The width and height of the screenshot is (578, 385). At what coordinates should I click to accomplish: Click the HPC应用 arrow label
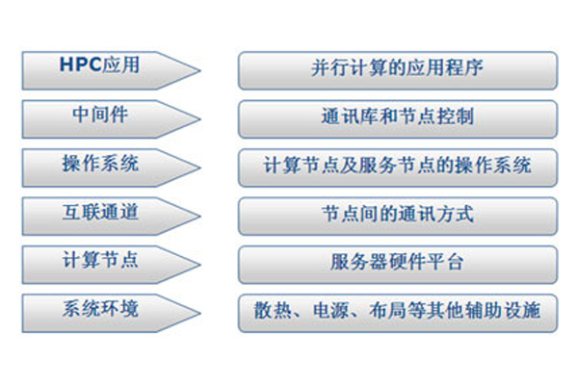click(x=99, y=64)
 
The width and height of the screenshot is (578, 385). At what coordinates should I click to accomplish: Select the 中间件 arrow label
click(x=100, y=114)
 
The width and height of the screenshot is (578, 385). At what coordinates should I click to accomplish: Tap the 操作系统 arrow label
click(x=100, y=163)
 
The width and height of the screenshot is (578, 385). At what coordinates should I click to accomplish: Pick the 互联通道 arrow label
click(x=100, y=212)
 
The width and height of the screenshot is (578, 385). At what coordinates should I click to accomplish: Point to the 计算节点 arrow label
click(x=100, y=260)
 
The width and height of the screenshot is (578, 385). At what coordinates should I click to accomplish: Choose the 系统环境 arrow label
click(x=100, y=308)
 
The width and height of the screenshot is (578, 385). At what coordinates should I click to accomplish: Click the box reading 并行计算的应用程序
click(x=398, y=70)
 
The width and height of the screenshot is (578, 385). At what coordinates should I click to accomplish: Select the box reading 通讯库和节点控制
click(x=398, y=119)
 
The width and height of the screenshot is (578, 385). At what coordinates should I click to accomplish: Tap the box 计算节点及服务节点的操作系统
click(x=398, y=167)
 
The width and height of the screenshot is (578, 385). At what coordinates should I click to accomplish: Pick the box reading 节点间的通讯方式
click(x=398, y=217)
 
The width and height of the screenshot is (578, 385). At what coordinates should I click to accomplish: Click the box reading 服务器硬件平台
click(x=398, y=265)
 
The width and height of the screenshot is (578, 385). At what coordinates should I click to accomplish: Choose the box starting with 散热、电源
click(x=398, y=313)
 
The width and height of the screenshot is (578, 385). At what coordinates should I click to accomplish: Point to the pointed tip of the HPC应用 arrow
click(x=200, y=70)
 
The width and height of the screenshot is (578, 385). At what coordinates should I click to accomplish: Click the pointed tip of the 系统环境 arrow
click(x=200, y=313)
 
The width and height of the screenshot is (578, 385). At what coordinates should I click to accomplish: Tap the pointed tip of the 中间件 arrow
click(x=200, y=119)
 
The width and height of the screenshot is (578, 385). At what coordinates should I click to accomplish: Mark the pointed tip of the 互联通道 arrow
click(x=200, y=217)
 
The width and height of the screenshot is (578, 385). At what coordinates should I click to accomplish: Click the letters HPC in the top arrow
click(x=80, y=64)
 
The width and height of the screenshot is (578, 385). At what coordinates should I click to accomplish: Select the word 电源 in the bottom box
click(x=330, y=310)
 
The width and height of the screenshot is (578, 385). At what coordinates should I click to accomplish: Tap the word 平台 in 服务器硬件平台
click(x=445, y=262)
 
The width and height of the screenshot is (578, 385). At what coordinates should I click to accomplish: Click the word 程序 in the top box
click(x=464, y=67)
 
